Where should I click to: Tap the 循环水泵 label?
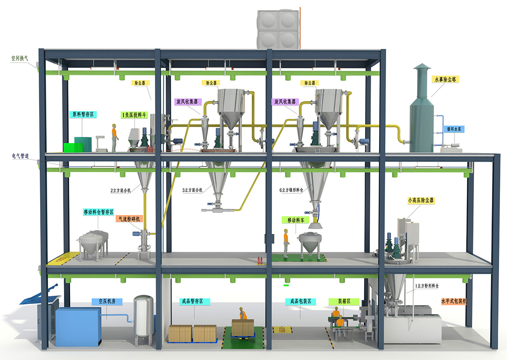(453, 130)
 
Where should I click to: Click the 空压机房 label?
(107, 302)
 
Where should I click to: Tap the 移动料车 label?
(296, 219)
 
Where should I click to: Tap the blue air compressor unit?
(78, 326)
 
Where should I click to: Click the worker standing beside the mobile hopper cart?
(286, 243)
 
